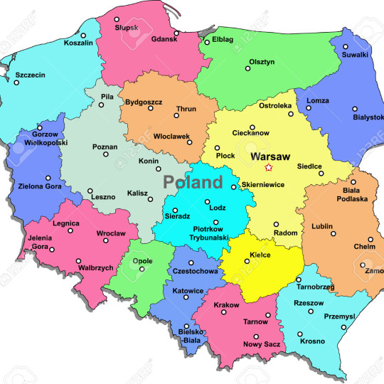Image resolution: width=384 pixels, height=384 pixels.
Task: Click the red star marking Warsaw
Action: point(268,168)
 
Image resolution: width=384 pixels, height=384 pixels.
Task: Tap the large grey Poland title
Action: point(193,182)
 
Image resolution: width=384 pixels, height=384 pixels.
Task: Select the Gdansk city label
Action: point(164,41)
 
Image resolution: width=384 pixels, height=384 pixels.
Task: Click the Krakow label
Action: point(227,305)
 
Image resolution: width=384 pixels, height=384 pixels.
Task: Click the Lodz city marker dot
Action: point(208,201)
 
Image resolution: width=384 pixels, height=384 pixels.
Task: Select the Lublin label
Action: point(321,226)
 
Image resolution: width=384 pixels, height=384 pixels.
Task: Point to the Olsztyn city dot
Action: point(248,68)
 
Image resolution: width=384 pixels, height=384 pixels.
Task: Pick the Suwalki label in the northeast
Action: point(356,54)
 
